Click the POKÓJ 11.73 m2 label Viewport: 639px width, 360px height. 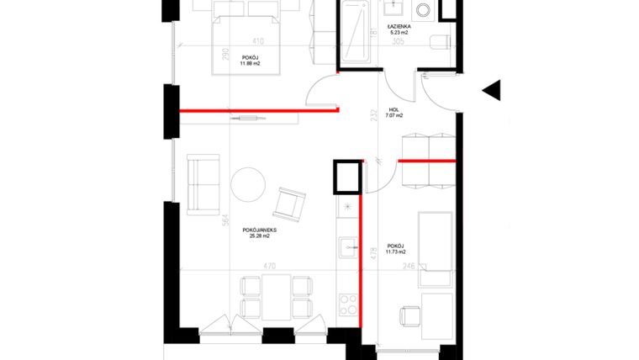click(x=396, y=249)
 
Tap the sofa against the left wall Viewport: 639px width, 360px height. click(x=202, y=183)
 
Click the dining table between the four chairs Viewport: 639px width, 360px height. click(x=267, y=296)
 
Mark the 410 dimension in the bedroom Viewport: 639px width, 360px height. click(x=258, y=40)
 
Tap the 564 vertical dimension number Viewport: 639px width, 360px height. click(x=225, y=221)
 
